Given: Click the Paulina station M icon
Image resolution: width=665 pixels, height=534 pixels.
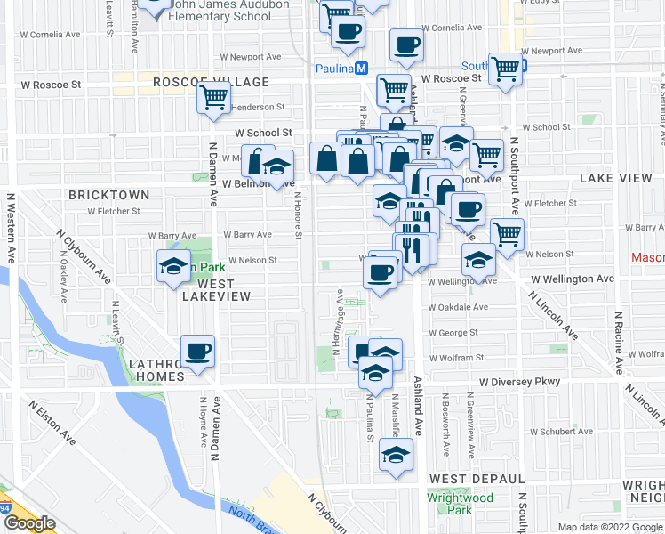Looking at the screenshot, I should coord(361,69).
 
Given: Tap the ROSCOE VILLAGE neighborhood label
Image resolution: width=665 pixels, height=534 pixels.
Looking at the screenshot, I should coord(211,82).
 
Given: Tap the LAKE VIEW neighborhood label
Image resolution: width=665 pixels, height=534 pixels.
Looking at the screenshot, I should coord(616,179).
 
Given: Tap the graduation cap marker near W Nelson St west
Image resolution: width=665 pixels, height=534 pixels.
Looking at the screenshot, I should coord(174,265).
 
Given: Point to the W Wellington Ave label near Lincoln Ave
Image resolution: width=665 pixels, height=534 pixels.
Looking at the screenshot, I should coord(573,279).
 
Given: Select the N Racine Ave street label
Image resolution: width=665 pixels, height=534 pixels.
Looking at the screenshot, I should coord(618,343).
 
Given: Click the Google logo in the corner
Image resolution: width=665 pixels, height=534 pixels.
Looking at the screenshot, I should coord(29,523).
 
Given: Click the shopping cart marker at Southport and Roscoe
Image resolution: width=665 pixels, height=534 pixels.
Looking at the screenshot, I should coord(505,68).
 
